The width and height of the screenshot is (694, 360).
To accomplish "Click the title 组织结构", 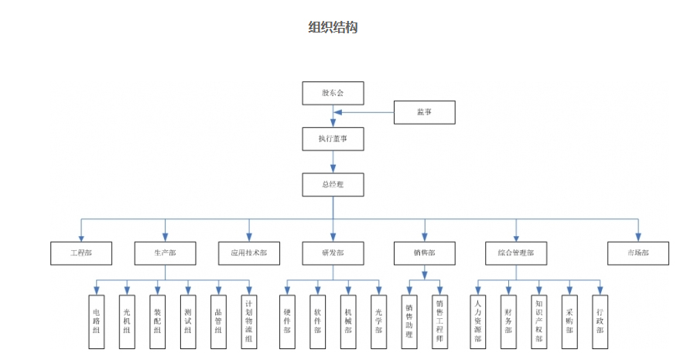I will [333, 28].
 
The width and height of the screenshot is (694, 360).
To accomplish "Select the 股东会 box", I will [333, 93].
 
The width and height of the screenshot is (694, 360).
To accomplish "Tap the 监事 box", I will [424, 112].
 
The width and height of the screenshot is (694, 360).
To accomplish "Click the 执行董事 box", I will [333, 139].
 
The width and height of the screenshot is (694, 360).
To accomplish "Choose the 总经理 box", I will [333, 184].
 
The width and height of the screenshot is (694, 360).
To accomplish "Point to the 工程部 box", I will [81, 253].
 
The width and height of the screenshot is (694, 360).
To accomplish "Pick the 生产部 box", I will [165, 253].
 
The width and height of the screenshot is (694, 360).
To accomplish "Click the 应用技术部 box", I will [249, 253].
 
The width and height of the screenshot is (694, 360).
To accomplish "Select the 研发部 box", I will [333, 253].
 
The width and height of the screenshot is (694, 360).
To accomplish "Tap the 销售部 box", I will [424, 253].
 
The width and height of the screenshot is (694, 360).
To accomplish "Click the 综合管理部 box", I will [516, 253].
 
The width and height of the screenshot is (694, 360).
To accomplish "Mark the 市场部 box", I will [638, 253].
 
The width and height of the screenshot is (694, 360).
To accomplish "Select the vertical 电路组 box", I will [96, 321].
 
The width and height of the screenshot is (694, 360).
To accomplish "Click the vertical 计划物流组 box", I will [248, 321].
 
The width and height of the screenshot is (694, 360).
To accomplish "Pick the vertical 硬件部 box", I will [287, 321].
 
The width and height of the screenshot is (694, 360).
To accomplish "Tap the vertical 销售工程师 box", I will [439, 321].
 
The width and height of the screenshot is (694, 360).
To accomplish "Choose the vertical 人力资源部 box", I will [478, 321].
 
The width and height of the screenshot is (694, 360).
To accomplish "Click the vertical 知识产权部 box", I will [538, 321].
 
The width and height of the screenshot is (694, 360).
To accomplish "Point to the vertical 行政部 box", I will [600, 321].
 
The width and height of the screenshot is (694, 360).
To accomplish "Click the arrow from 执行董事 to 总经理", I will [333, 161].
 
